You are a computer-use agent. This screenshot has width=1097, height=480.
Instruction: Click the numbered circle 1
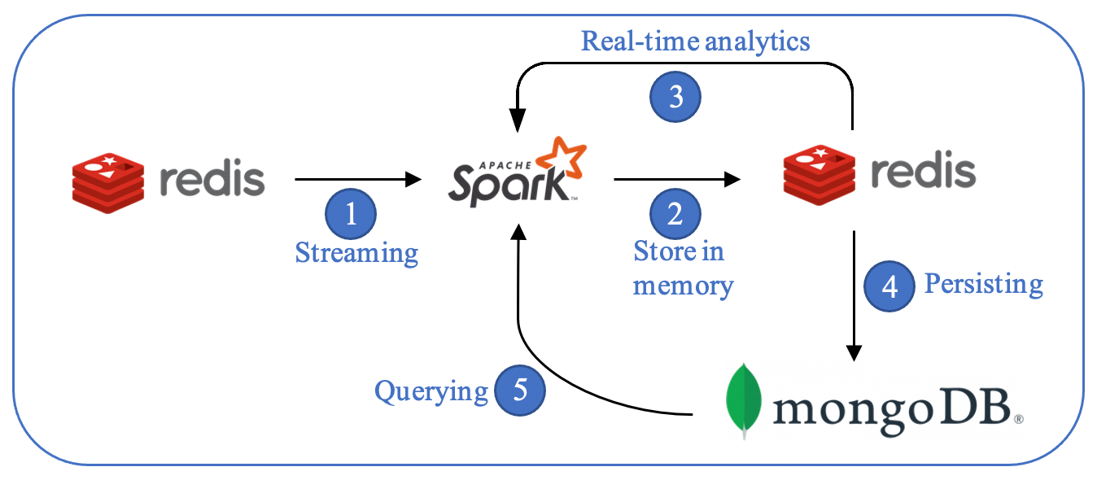click(x=351, y=215)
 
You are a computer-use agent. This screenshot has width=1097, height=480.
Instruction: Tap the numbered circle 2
click(x=675, y=215)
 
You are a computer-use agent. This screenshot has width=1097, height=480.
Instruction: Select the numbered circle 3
click(x=675, y=98)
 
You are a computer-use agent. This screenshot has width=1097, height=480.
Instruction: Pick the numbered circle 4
click(x=889, y=286)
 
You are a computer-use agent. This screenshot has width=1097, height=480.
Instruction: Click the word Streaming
click(x=356, y=253)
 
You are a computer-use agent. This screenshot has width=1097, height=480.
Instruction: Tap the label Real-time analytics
click(x=695, y=41)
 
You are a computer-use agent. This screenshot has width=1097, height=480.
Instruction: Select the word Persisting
click(x=984, y=284)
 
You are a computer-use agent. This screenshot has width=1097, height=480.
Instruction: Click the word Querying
click(x=430, y=391)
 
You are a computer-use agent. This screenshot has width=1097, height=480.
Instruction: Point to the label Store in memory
click(x=681, y=268)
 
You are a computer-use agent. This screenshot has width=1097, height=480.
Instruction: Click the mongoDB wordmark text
click(x=892, y=404)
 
